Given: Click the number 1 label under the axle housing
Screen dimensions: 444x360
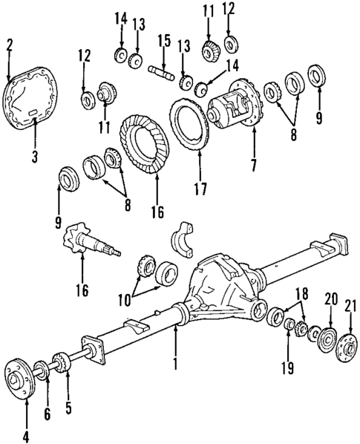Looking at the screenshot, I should pos(175,365).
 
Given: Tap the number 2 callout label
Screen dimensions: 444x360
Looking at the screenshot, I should pos(9,45).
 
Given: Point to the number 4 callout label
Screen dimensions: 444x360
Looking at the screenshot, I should pos(26,436).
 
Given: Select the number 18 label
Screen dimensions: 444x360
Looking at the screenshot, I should pos(301,293).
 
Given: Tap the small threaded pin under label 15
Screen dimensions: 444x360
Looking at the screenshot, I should pos(163,71).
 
